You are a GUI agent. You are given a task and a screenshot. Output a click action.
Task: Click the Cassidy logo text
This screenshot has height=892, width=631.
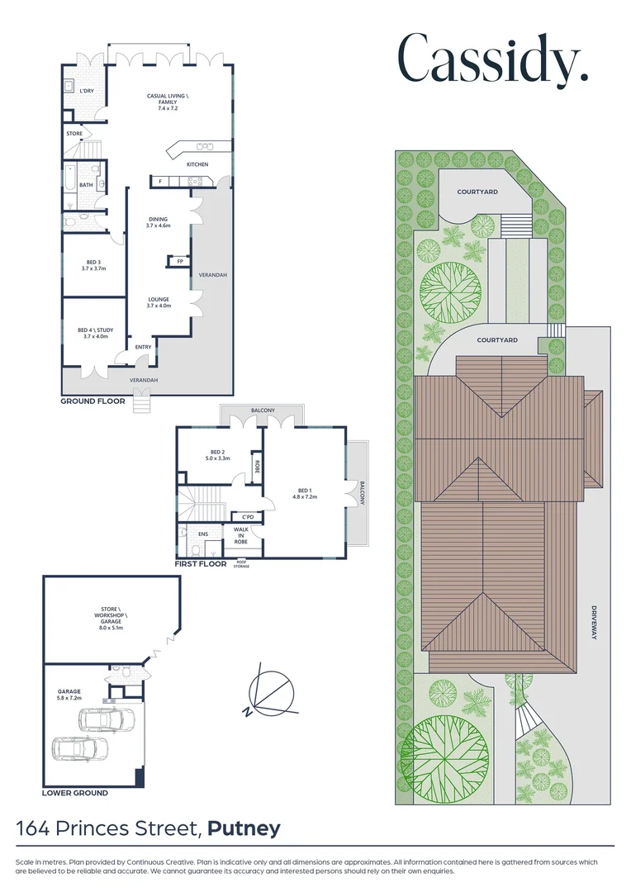[x=493, y=59]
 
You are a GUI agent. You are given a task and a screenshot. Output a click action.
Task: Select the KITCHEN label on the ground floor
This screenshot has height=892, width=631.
[x=197, y=164]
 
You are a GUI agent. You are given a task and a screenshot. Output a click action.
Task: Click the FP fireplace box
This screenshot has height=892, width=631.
[x=179, y=262]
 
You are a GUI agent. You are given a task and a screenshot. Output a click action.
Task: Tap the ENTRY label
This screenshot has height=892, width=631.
[x=144, y=347]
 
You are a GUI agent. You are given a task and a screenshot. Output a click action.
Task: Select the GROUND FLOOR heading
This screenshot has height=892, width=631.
[x=93, y=401]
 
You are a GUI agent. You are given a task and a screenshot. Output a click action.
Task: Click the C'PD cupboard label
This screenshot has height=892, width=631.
[x=247, y=517]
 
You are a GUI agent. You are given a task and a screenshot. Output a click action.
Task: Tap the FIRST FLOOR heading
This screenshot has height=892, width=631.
[x=200, y=565]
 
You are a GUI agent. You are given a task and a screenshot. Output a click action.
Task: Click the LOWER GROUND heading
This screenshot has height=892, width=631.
[x=74, y=793]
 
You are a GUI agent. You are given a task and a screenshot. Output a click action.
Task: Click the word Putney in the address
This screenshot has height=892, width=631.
[x=244, y=828]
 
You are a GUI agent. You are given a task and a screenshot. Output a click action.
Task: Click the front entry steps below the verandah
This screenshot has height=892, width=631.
[x=144, y=405]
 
